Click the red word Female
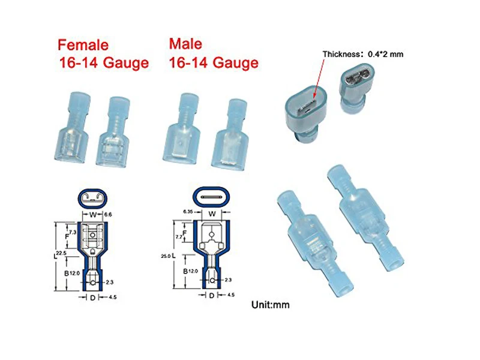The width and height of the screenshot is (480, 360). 83,45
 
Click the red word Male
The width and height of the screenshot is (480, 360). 185,44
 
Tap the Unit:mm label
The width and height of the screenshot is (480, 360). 271,305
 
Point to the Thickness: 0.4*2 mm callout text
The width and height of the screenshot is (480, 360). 363,54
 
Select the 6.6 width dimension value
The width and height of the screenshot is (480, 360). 108,214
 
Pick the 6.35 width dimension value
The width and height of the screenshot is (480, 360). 188,212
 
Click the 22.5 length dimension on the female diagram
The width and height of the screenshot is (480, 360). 61,253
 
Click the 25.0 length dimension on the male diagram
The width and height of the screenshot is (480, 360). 166,256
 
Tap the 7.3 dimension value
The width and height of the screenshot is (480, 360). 73,232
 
